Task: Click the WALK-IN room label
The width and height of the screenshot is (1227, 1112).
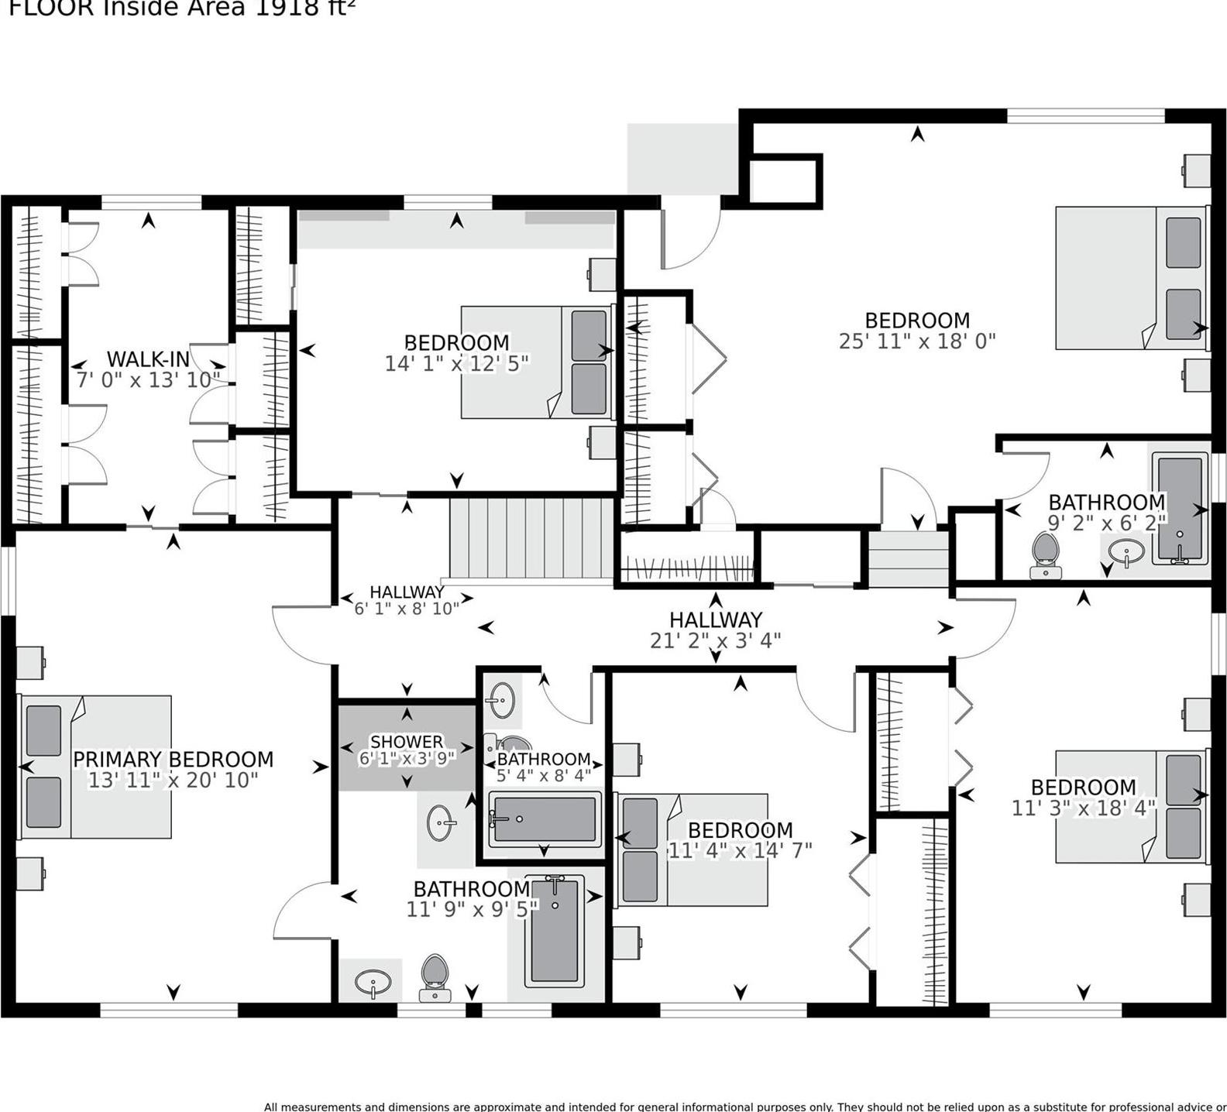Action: (147, 359)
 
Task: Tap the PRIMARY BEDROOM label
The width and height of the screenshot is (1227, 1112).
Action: (173, 759)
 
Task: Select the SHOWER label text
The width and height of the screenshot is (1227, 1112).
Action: (407, 742)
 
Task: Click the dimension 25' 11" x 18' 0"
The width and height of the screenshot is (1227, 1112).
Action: (916, 341)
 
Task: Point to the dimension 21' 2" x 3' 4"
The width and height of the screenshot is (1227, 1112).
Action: (715, 640)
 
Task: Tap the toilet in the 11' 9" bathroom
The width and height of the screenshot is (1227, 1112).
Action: (435, 977)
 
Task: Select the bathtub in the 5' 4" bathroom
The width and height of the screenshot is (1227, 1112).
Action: (544, 819)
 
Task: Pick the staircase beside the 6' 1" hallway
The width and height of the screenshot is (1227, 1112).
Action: (532, 538)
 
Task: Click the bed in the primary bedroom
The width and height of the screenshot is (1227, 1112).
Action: (95, 767)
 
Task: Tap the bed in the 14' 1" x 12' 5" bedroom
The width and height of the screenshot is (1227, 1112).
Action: (536, 362)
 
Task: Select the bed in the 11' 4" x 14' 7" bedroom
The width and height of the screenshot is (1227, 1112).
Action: (692, 849)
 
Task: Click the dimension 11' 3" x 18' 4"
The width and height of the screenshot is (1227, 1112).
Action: (1083, 808)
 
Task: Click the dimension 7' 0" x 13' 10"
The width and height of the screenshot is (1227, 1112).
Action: (147, 379)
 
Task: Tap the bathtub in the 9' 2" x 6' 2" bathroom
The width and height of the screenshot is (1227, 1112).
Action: (1180, 508)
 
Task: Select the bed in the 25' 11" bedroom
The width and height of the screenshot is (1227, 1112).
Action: (1131, 277)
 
